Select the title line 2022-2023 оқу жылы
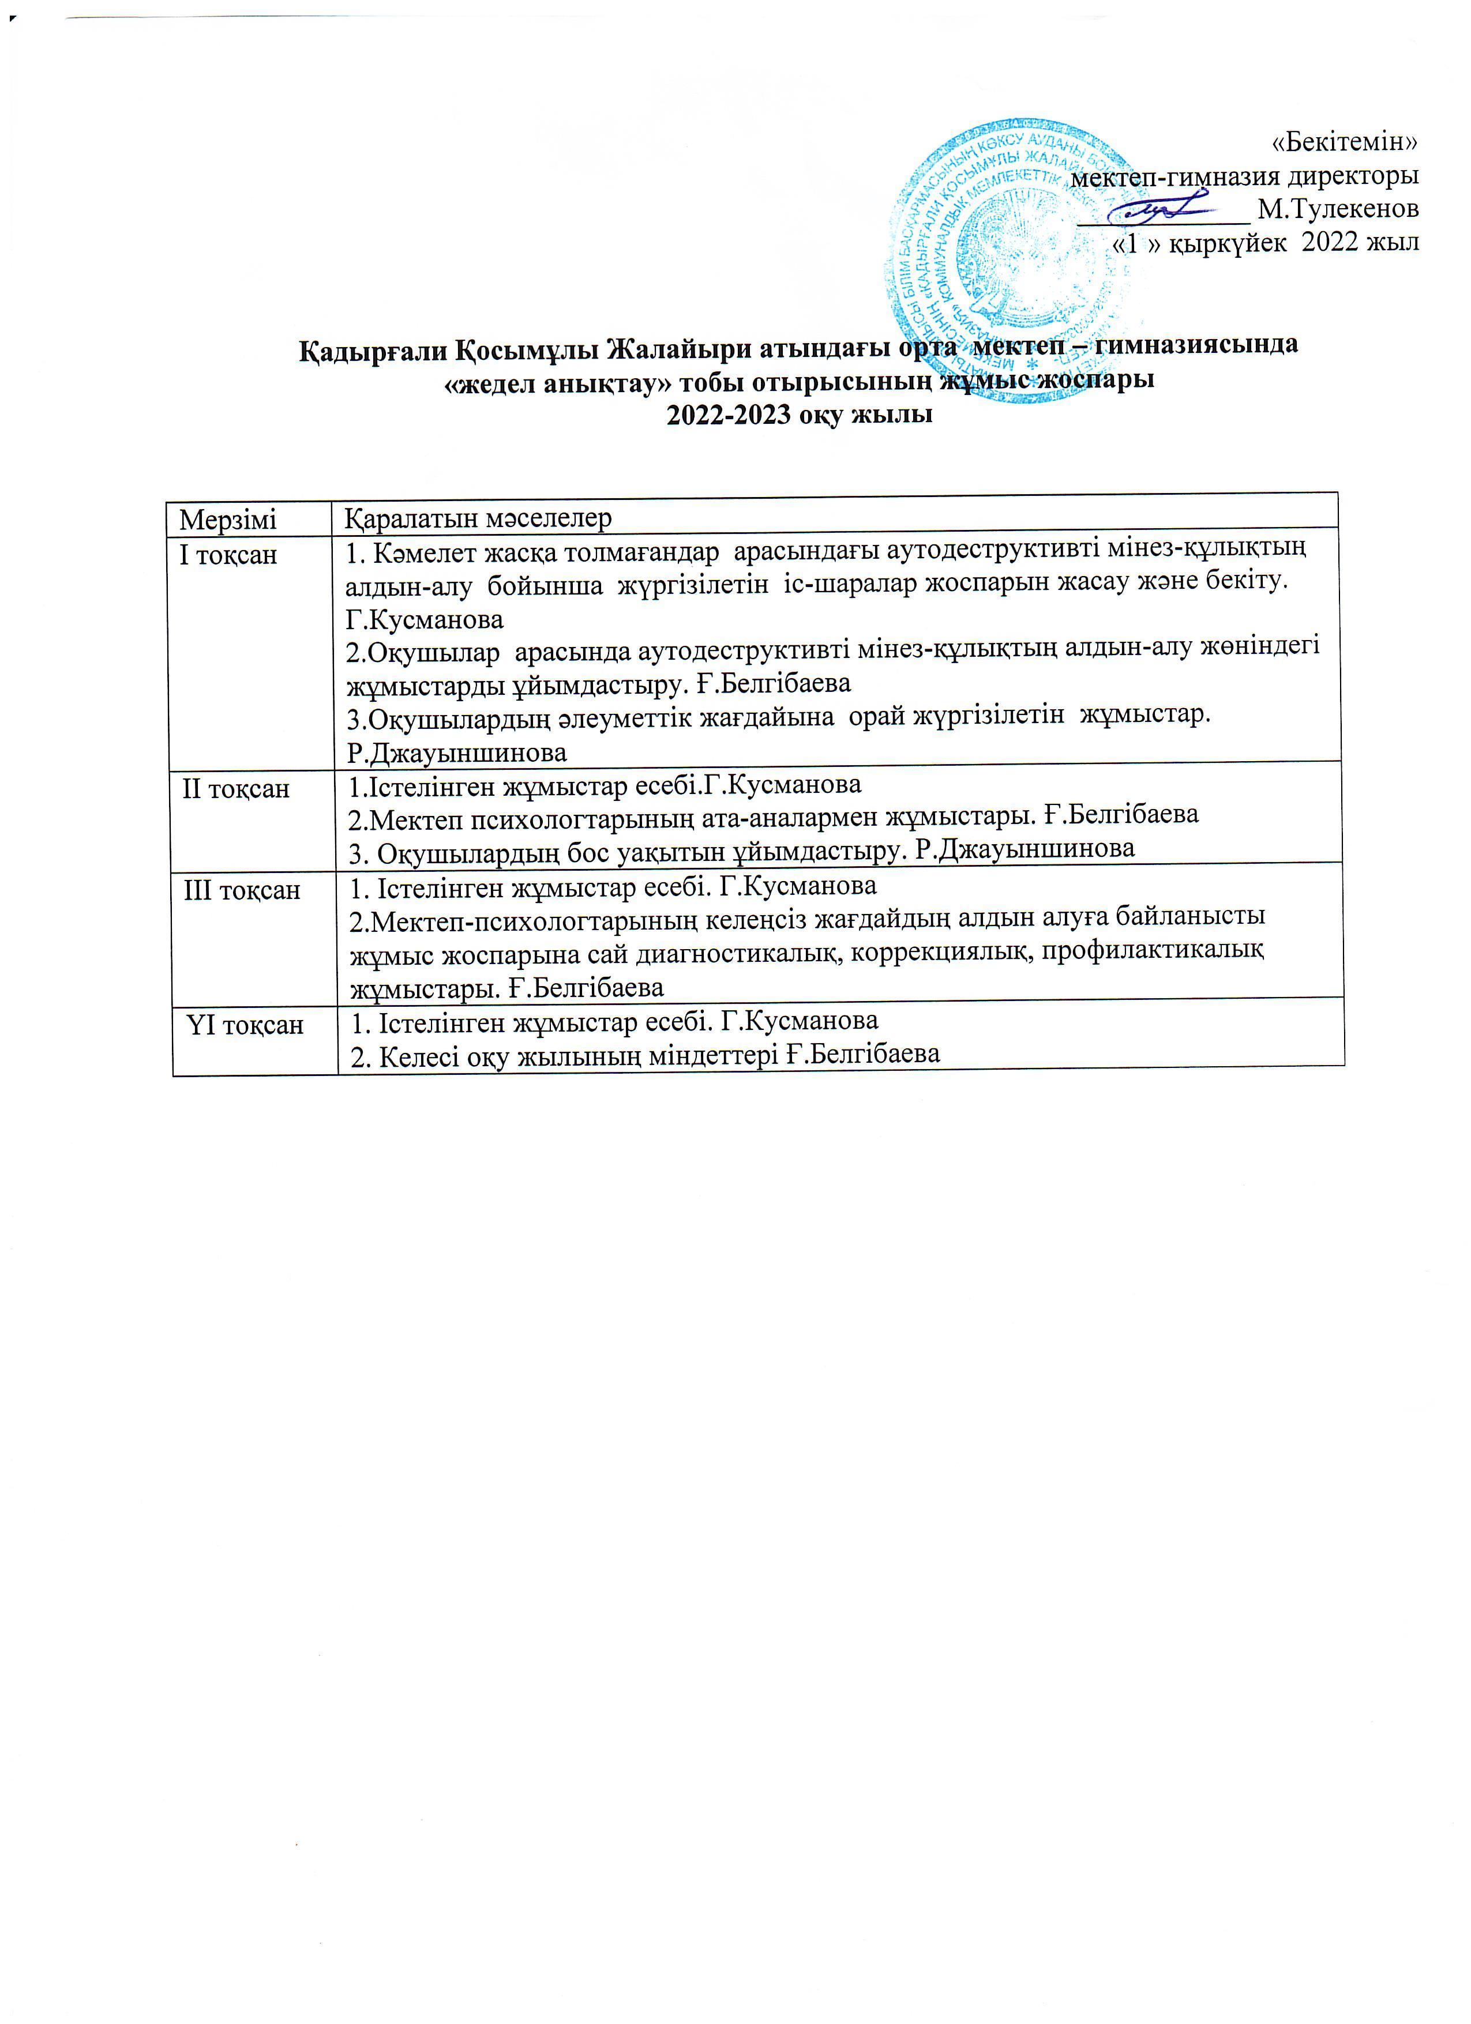(x=800, y=415)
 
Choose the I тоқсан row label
(x=228, y=555)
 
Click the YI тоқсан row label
(x=246, y=1025)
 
